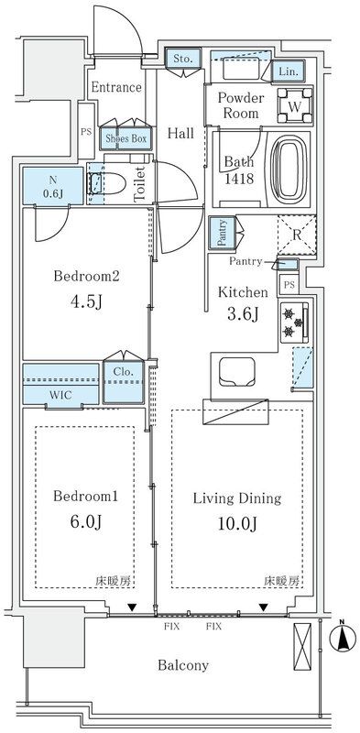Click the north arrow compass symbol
point(343,638)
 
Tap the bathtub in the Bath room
point(289,170)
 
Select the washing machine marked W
point(295,106)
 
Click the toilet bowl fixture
point(107,184)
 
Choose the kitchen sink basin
point(237,372)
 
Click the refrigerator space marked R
point(297,235)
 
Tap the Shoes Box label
point(125,138)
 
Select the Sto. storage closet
point(183,59)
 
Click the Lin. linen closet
point(288,71)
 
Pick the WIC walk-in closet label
point(60,395)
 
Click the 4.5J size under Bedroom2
point(86,301)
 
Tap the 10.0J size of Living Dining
point(237,524)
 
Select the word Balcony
point(183,665)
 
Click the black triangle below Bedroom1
point(132,607)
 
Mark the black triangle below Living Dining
point(264,607)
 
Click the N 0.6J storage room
point(54,186)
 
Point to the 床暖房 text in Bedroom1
point(115,582)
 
